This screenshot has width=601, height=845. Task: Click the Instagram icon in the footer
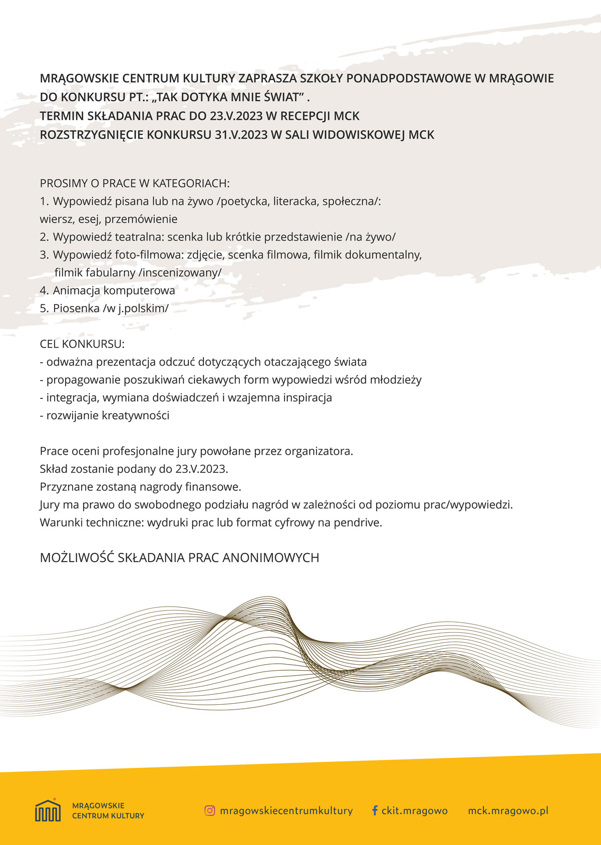(x=210, y=810)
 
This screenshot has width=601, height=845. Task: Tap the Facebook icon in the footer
(x=374, y=810)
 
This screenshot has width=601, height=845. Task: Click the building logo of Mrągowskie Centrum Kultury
(x=48, y=810)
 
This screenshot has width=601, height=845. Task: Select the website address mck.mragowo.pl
(x=508, y=810)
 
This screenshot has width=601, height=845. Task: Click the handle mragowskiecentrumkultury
(x=286, y=810)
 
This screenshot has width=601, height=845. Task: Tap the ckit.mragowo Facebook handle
(x=414, y=810)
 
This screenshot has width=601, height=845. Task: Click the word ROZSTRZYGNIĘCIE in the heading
(x=92, y=135)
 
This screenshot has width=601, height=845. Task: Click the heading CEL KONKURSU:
(x=82, y=344)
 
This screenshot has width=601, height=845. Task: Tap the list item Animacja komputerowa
(x=114, y=291)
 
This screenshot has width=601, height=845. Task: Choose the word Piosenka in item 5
(x=76, y=309)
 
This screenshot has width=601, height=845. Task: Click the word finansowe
(x=213, y=487)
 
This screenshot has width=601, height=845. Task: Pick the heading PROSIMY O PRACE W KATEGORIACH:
(x=135, y=183)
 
